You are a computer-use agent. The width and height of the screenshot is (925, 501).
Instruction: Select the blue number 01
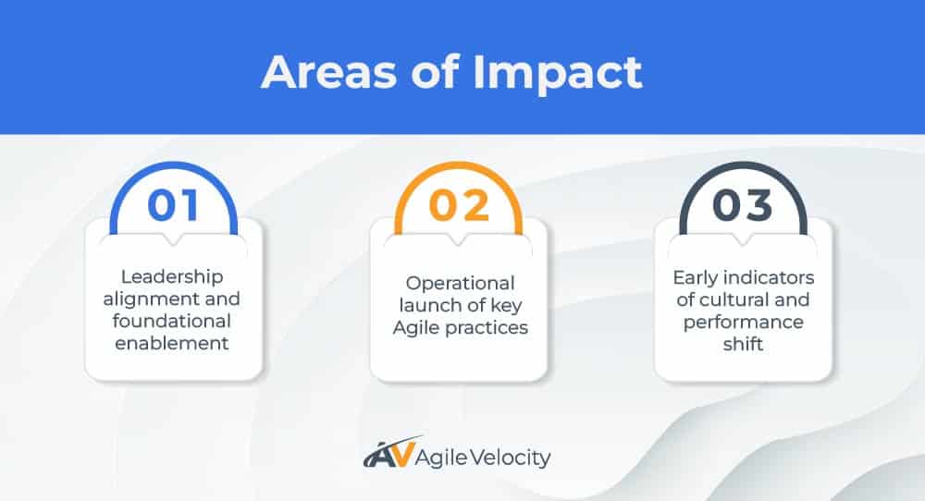173,205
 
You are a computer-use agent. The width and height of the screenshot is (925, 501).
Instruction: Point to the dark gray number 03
743,205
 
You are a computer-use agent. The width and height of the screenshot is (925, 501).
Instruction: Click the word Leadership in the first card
173,277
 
